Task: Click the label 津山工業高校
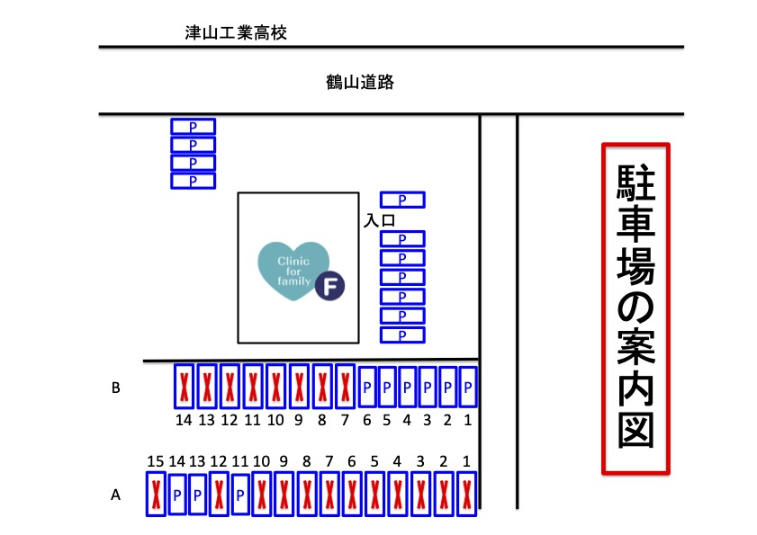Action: (236, 32)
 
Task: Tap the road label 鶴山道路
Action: (360, 82)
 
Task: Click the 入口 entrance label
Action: (380, 220)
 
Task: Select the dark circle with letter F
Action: (329, 286)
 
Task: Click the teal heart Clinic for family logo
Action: (293, 271)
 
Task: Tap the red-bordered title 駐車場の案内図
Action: (635, 308)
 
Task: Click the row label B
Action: (115, 388)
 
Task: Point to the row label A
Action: (115, 495)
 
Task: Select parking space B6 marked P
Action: (367, 387)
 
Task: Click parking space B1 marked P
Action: (468, 387)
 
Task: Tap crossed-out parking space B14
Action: (184, 387)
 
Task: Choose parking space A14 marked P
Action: (177, 495)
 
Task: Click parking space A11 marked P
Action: (240, 495)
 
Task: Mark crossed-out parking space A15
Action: (156, 494)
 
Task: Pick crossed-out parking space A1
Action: (467, 494)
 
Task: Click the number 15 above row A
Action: (156, 461)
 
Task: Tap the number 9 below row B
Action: (299, 420)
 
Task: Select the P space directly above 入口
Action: (402, 200)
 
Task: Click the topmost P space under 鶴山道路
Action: (194, 127)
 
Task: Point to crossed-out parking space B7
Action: (345, 387)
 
